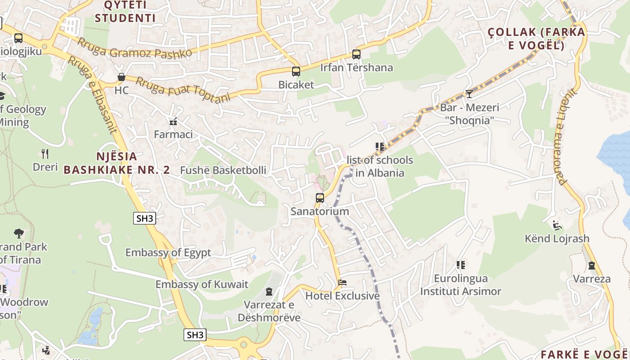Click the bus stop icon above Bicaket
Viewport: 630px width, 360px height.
click(296, 71)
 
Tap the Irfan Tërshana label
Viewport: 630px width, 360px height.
click(356, 67)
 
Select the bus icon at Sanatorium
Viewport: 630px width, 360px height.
click(319, 198)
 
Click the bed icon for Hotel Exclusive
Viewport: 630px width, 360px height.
click(342, 283)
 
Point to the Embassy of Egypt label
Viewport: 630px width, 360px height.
click(168, 252)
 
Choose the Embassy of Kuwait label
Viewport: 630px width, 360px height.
click(202, 284)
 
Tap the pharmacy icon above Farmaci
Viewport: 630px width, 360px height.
click(173, 121)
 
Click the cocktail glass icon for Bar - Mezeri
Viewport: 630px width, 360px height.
click(469, 94)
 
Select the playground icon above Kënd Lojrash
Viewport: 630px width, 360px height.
click(557, 225)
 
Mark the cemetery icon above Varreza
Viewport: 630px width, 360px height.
click(591, 265)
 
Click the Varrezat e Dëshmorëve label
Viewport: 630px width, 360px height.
click(269, 311)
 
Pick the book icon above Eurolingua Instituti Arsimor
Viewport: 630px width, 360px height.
click(460, 265)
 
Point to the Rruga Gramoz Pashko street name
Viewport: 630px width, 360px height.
click(135, 48)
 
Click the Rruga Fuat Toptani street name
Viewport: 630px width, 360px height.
click(183, 90)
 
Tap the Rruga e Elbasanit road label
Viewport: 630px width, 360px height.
click(92, 95)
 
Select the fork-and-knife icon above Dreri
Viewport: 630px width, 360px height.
click(45, 154)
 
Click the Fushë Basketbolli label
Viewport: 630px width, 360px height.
click(223, 171)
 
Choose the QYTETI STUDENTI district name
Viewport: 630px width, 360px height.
click(125, 12)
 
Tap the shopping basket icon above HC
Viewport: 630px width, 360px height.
click(121, 77)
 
